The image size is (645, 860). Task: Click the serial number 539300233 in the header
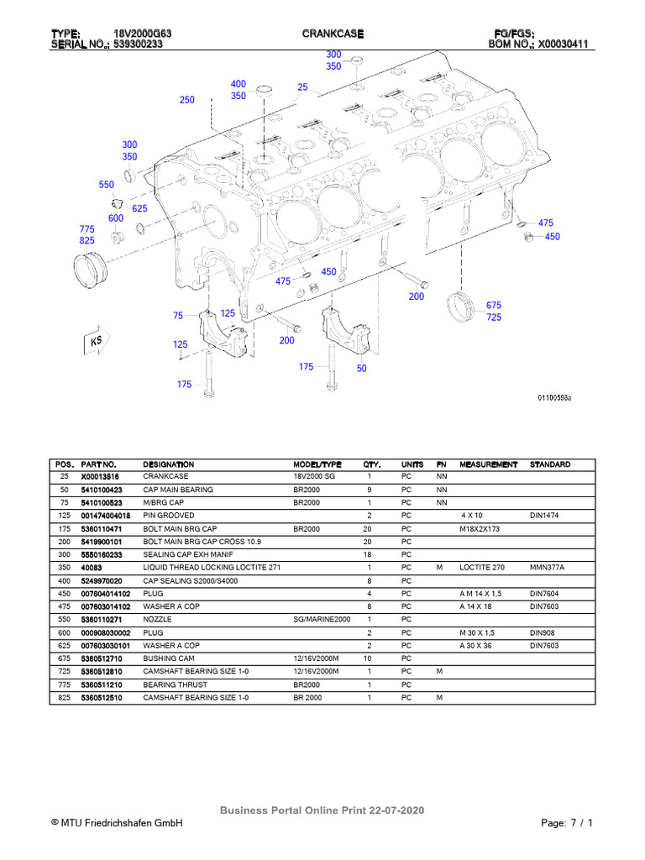139,45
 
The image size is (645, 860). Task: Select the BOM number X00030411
569,45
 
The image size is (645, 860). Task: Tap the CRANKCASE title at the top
333,33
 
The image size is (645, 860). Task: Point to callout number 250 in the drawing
186,100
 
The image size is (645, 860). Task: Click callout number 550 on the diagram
106,185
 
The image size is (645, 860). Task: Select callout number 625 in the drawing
139,208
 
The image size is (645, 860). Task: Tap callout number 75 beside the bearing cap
178,316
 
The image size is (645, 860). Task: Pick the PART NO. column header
98,464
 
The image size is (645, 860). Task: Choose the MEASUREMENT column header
490,464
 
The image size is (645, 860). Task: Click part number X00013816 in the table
101,477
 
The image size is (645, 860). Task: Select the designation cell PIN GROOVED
169,515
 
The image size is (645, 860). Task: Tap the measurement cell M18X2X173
480,528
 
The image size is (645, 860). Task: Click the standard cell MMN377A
546,567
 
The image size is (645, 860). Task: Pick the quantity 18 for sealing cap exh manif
369,554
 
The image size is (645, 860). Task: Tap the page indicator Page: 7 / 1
568,823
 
